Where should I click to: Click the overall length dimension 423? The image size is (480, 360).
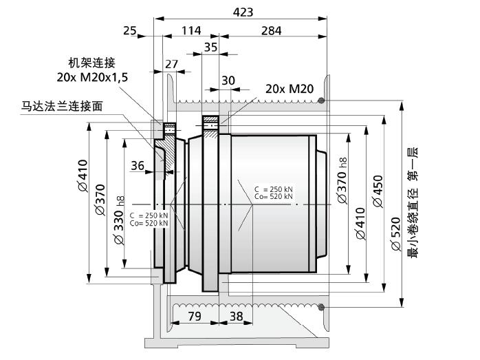point(243,12)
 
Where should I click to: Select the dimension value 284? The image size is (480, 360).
point(271,30)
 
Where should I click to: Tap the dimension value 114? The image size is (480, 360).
point(191,30)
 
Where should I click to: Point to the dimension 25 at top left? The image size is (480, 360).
point(130,30)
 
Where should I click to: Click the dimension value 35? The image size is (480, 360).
point(210,47)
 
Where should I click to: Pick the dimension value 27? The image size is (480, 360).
point(171,64)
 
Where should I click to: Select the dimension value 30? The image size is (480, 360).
point(228,81)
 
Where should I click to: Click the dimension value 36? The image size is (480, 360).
point(138,165)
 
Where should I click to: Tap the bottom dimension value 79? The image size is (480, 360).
point(195,316)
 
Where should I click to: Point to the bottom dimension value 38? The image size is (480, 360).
point(236,316)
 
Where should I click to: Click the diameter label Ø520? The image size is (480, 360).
point(395,234)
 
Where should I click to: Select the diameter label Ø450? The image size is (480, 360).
point(378,191)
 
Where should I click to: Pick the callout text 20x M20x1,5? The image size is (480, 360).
point(92,77)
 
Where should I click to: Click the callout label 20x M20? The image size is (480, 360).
point(290,89)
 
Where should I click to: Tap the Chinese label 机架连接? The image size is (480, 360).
point(92,63)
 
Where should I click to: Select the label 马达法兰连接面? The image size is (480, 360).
point(61,106)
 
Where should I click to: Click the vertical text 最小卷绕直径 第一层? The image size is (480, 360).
point(413,202)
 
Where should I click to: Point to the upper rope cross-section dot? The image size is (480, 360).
point(321,100)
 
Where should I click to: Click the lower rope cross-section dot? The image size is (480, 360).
point(321,307)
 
